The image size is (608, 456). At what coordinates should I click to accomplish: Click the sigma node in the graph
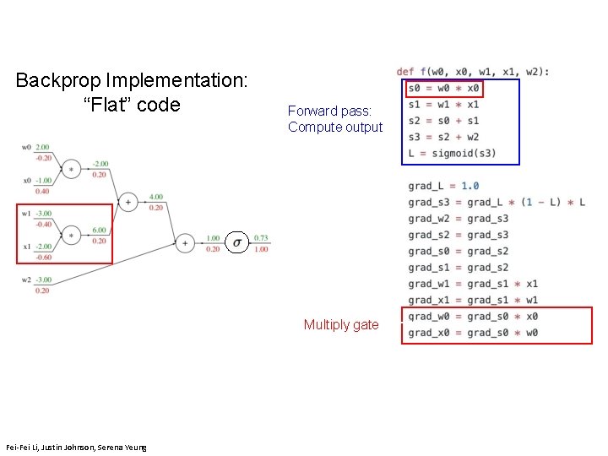point(237,243)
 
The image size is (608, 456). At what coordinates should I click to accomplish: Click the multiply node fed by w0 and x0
point(71,169)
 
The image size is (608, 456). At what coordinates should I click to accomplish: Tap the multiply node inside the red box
point(71,234)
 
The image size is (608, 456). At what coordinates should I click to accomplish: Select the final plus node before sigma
point(185,243)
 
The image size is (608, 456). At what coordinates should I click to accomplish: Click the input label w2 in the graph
point(27,280)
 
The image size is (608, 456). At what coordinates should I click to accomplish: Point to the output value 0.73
point(262,238)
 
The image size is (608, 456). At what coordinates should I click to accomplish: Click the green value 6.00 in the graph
point(100,230)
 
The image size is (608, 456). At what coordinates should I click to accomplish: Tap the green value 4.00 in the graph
point(156,197)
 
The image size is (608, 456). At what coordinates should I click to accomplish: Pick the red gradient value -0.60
point(43,257)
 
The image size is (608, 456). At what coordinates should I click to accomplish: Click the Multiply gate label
point(341,325)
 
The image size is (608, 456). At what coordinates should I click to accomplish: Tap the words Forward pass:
point(325,111)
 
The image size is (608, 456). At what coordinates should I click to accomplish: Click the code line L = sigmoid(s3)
point(452,153)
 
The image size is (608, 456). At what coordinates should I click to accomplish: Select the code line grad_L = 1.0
point(443,186)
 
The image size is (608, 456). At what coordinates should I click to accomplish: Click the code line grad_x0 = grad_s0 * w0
point(472,333)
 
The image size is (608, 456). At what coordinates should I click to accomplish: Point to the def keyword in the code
point(405,72)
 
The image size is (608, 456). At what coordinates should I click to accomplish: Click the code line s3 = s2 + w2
point(443,137)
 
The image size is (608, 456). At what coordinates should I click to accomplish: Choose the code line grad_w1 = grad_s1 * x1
point(472,284)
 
